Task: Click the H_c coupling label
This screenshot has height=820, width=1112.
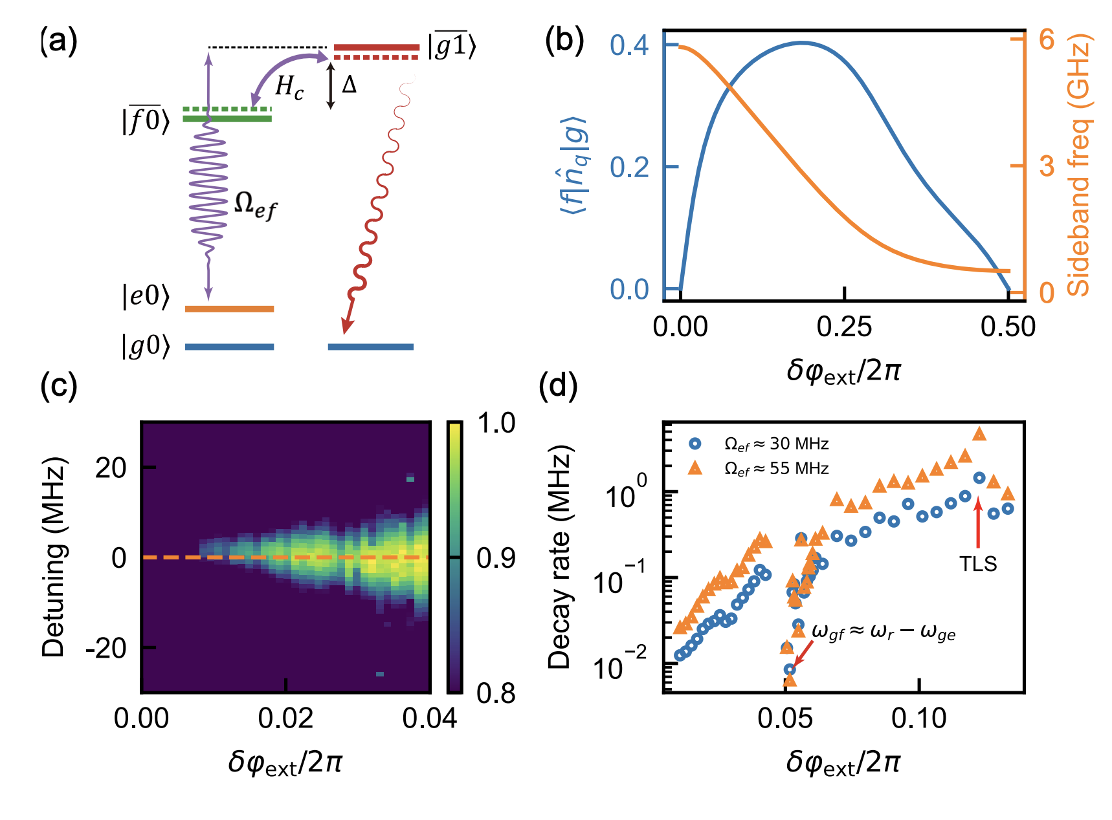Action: (x=289, y=87)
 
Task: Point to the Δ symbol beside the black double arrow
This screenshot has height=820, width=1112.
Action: (x=349, y=85)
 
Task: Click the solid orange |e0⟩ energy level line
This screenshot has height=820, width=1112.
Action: (x=229, y=309)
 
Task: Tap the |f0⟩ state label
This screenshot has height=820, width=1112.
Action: (x=146, y=120)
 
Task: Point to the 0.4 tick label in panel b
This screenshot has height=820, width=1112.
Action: (x=628, y=46)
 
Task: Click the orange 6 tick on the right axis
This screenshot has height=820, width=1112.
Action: (x=1047, y=40)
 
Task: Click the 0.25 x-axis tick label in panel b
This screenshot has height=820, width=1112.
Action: (x=844, y=327)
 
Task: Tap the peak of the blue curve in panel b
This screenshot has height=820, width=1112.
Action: (x=801, y=43)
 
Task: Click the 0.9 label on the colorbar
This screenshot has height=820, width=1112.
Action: (x=496, y=557)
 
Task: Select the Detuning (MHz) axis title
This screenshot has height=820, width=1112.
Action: (x=54, y=557)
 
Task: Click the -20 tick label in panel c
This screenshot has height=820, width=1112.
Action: (x=106, y=648)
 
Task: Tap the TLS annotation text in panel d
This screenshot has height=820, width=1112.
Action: (x=978, y=564)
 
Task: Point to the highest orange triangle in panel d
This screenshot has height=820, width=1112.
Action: (x=979, y=434)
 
